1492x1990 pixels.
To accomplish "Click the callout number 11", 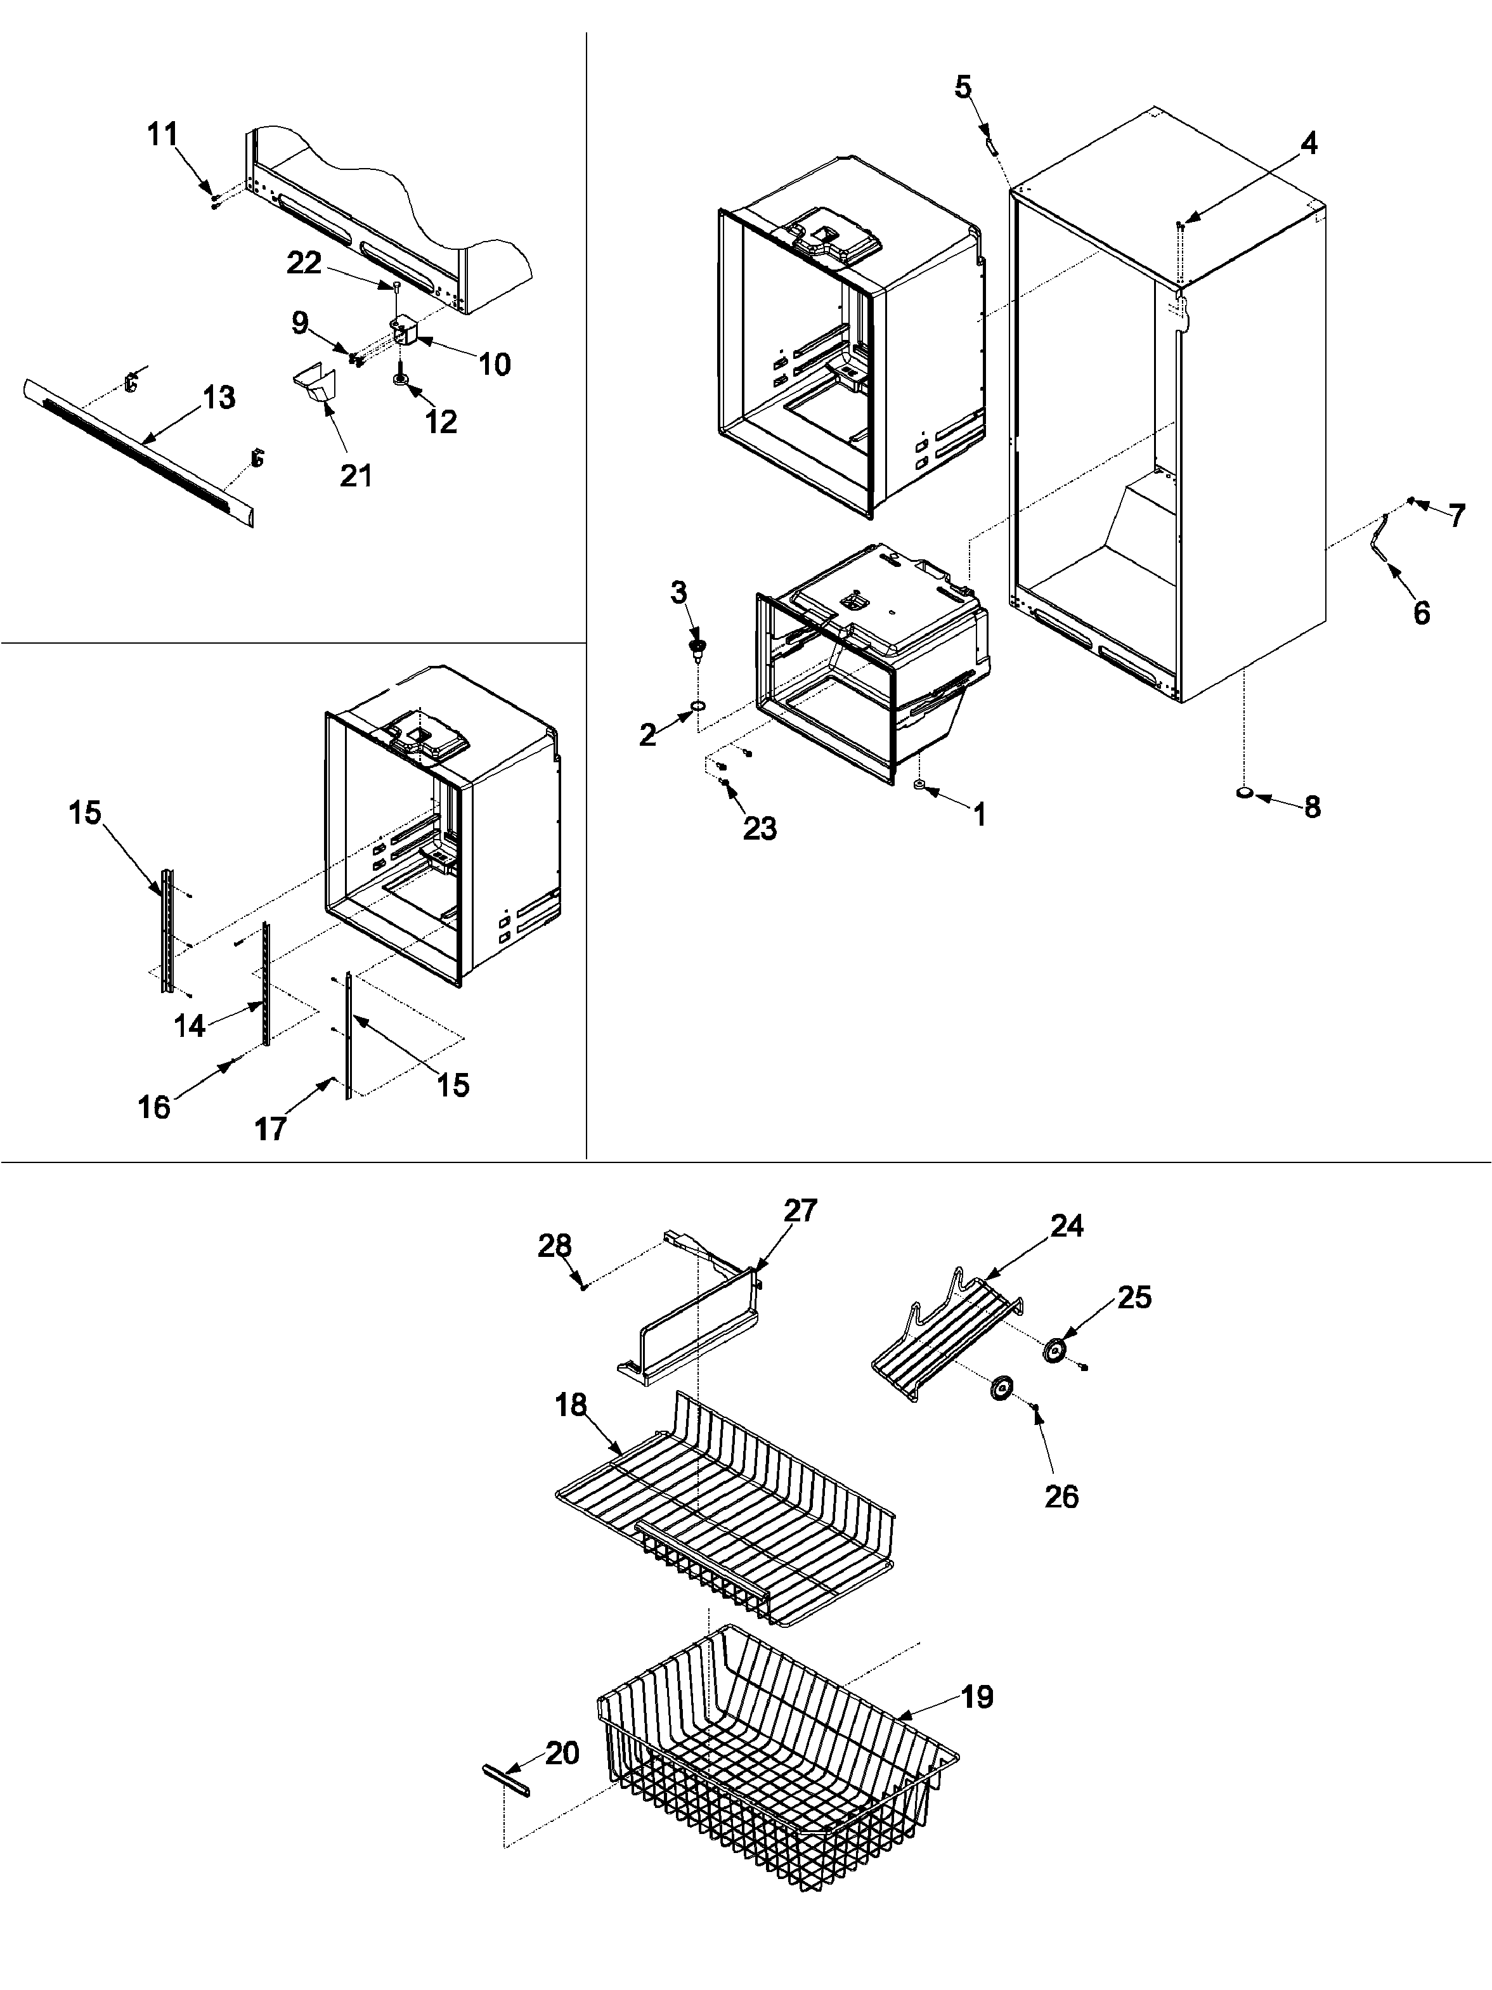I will coord(163,135).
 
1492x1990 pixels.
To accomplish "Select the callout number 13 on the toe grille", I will coord(219,397).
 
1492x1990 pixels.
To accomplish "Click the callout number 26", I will coord(1061,1497).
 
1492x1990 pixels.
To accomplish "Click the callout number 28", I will coord(554,1246).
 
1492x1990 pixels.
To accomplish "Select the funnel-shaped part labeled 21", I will coord(315,387).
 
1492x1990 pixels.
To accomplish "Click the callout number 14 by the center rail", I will coord(190,1025).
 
